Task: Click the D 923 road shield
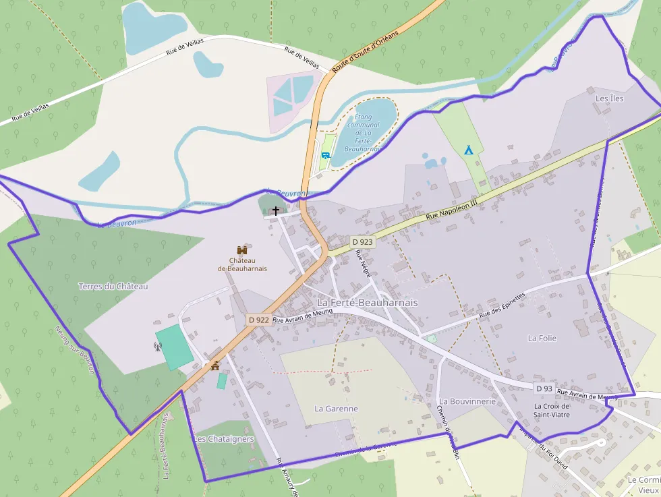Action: tap(362, 241)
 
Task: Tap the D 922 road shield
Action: tap(258, 320)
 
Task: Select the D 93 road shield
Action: tap(544, 388)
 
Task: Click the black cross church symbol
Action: tap(275, 211)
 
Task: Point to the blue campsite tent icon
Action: tap(468, 150)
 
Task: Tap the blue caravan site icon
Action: tap(326, 156)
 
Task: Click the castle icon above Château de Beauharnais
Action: tap(241, 250)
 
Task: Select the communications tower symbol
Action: tap(157, 347)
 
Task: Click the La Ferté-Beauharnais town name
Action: tap(367, 303)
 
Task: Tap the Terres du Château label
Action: tap(113, 286)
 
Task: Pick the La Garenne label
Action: tap(336, 409)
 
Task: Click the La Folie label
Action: tap(542, 338)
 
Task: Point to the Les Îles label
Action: tap(609, 98)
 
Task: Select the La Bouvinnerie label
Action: tap(467, 401)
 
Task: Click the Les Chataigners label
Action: tap(224, 439)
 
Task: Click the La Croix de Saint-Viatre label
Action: tap(552, 410)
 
